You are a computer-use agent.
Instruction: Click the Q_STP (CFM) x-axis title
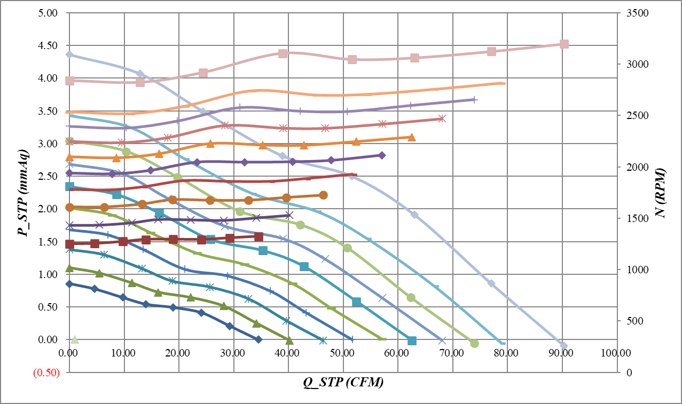click(x=343, y=383)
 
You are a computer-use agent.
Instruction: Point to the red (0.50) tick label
click(x=46, y=373)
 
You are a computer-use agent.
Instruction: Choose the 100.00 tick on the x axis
click(x=615, y=353)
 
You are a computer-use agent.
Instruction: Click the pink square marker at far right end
click(x=564, y=44)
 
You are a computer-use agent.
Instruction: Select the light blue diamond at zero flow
click(x=69, y=54)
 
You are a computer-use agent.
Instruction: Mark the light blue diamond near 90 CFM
click(x=563, y=346)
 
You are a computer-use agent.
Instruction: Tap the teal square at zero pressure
click(x=412, y=340)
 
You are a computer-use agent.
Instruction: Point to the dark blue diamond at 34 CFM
click(x=258, y=339)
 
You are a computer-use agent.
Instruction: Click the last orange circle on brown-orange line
click(x=323, y=195)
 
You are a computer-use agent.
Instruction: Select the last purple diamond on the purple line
click(x=382, y=155)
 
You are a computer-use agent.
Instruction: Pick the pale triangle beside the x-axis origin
click(x=75, y=339)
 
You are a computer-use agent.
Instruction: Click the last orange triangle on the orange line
click(x=411, y=137)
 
